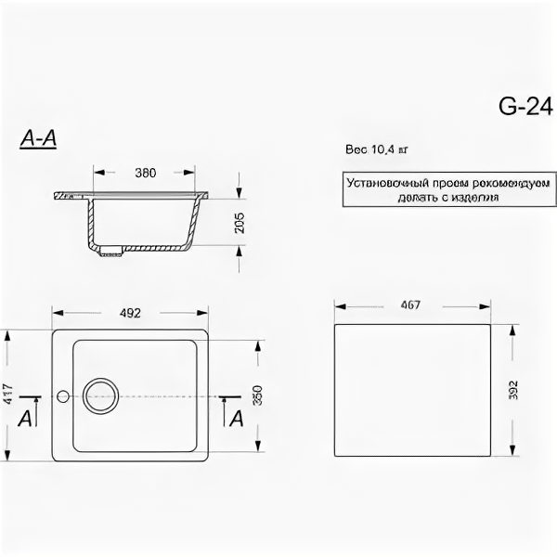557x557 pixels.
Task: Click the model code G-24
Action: pos(520,107)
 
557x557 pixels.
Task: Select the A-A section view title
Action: pos(39,139)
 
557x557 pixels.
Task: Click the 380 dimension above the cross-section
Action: pos(144,173)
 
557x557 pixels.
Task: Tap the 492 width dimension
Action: pos(130,313)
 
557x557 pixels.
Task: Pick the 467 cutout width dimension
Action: pos(409,304)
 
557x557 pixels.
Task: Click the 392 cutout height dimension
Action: pos(513,390)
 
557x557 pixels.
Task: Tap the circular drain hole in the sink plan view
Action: pos(100,395)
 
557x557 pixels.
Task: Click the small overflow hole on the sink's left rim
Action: pos(62,396)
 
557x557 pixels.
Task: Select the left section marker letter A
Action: pos(25,419)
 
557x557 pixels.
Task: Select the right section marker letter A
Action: pos(236,419)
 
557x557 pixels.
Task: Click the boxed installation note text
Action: pos(423,190)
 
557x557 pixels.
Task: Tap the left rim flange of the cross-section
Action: pos(70,197)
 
